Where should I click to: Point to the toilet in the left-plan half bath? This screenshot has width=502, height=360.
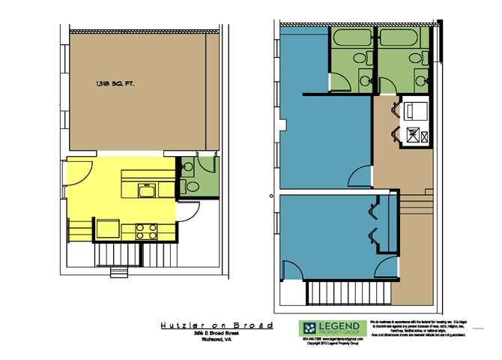pyautogui.click(x=191, y=187)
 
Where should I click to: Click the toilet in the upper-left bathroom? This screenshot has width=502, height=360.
pyautogui.click(x=360, y=57)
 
